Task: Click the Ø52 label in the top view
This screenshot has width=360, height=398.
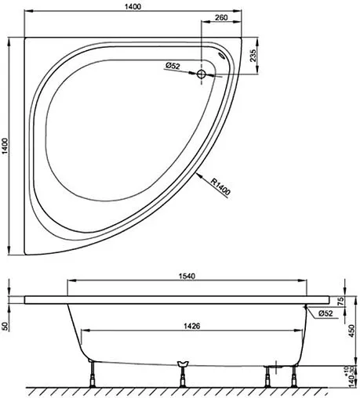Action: click(x=174, y=67)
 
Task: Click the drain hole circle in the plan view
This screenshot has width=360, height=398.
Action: click(x=202, y=74)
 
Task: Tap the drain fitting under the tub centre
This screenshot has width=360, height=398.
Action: click(x=184, y=364)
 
